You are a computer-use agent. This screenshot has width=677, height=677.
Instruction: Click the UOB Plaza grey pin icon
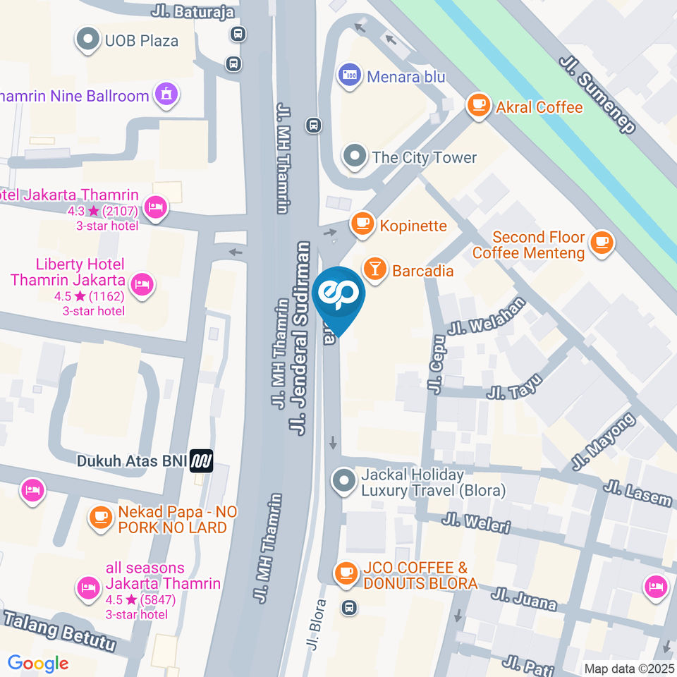click(89, 40)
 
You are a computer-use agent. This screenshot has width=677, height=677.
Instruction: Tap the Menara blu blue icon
click(349, 74)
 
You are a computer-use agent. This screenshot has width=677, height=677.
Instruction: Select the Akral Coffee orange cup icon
click(479, 106)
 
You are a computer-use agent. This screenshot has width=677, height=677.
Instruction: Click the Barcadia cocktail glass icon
click(374, 269)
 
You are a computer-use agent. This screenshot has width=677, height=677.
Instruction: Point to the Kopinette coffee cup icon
click(362, 224)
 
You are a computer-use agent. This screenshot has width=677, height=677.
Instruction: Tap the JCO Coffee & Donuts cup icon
click(346, 573)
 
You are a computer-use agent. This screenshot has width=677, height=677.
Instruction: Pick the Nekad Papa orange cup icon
click(99, 518)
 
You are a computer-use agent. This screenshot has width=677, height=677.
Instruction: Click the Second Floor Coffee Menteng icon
click(602, 243)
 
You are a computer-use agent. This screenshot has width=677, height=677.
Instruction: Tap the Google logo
click(38, 663)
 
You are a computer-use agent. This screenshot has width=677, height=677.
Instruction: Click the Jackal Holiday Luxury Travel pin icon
click(344, 481)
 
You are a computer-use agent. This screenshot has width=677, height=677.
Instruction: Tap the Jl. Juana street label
click(525, 599)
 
